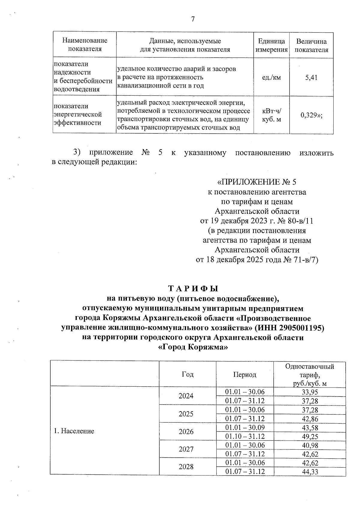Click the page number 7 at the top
click(193, 19)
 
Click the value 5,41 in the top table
click(311, 78)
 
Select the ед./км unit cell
click(271, 78)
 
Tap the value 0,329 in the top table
click(309, 115)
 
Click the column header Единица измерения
click(271, 45)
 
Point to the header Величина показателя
click(311, 46)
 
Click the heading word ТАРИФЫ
click(193, 289)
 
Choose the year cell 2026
click(186, 432)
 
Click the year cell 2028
click(186, 467)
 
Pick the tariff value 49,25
click(310, 436)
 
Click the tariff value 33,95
click(310, 392)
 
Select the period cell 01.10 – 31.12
click(245, 436)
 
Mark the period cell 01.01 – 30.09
click(245, 427)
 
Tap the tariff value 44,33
click(310, 472)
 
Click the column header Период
click(245, 375)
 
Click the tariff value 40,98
click(310, 445)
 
